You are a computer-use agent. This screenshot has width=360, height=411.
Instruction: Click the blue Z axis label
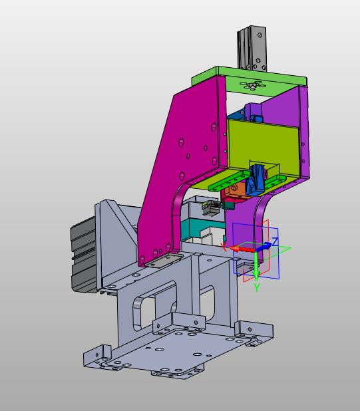coord(275,241)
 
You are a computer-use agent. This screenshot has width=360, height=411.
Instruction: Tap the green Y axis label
coord(257,287)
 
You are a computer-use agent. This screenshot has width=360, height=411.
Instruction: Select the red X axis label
coord(224,246)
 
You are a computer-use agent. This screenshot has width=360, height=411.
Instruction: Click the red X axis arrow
coord(242,249)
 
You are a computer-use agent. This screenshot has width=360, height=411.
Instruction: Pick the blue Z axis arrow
coord(264,247)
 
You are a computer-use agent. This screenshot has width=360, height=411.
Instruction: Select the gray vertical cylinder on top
coord(252,48)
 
